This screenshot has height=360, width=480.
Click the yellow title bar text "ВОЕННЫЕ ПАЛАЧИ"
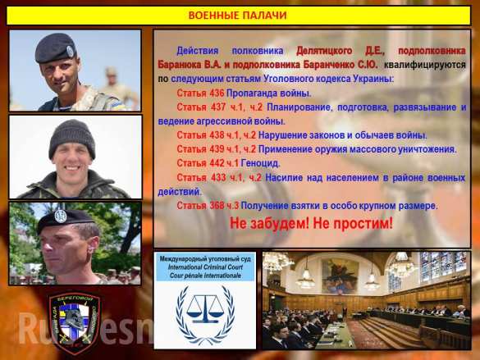tap(240, 16)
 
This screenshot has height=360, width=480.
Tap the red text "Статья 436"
tap(200, 93)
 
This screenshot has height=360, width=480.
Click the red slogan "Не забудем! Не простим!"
tap(311, 223)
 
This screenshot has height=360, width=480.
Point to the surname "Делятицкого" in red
tap(327, 51)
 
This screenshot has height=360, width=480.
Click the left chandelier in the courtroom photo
tap(277, 262)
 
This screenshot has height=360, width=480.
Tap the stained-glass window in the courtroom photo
tap(443, 267)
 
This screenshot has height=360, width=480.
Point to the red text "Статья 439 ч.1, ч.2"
tap(217, 148)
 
